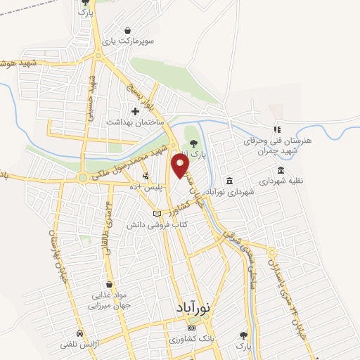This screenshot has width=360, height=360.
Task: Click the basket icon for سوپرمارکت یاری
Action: [128, 31]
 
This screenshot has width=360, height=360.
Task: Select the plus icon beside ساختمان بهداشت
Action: [135, 111]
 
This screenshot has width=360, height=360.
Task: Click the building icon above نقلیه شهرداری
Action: [281, 170]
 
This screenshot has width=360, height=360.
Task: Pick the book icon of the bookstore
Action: [157, 214]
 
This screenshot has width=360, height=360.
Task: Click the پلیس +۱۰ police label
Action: [149, 187]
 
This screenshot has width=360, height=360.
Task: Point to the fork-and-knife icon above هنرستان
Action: [277, 129]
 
